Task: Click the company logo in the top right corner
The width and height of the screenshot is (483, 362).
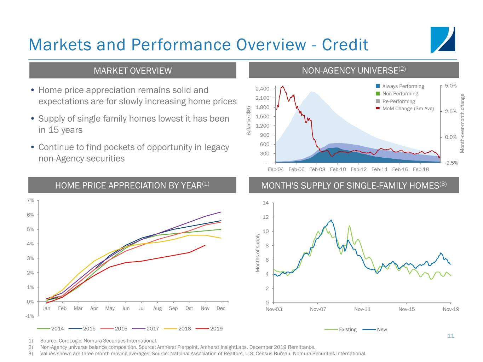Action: [x=443, y=40]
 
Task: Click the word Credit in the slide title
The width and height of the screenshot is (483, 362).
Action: [x=345, y=45]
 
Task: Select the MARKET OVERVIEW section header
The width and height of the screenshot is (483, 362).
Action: [x=133, y=71]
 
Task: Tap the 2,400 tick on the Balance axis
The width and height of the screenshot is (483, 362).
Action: [x=262, y=89]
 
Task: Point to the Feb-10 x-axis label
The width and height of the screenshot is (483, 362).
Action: [x=338, y=169]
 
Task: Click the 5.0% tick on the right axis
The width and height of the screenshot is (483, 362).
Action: [x=451, y=86]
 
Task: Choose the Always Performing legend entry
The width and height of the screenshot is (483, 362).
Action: [x=400, y=86]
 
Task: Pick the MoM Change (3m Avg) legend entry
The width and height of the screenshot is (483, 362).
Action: [x=405, y=109]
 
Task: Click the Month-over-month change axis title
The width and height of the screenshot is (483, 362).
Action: [x=462, y=123]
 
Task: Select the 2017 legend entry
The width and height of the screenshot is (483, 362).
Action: [x=145, y=328]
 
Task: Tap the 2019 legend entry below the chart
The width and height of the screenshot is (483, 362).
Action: [x=209, y=328]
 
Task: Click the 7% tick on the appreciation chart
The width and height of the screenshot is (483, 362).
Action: [x=30, y=200]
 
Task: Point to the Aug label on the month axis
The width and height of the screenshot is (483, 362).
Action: [x=157, y=308]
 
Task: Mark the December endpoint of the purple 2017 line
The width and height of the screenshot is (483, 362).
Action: [x=221, y=212]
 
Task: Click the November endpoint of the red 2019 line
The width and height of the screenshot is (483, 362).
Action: [x=205, y=245]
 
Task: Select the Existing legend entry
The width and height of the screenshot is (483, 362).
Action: [x=340, y=329]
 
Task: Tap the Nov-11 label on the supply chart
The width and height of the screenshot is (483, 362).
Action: [x=362, y=309]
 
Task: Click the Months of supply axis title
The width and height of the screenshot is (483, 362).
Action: [x=258, y=253]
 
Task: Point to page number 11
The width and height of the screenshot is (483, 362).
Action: [x=451, y=336]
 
